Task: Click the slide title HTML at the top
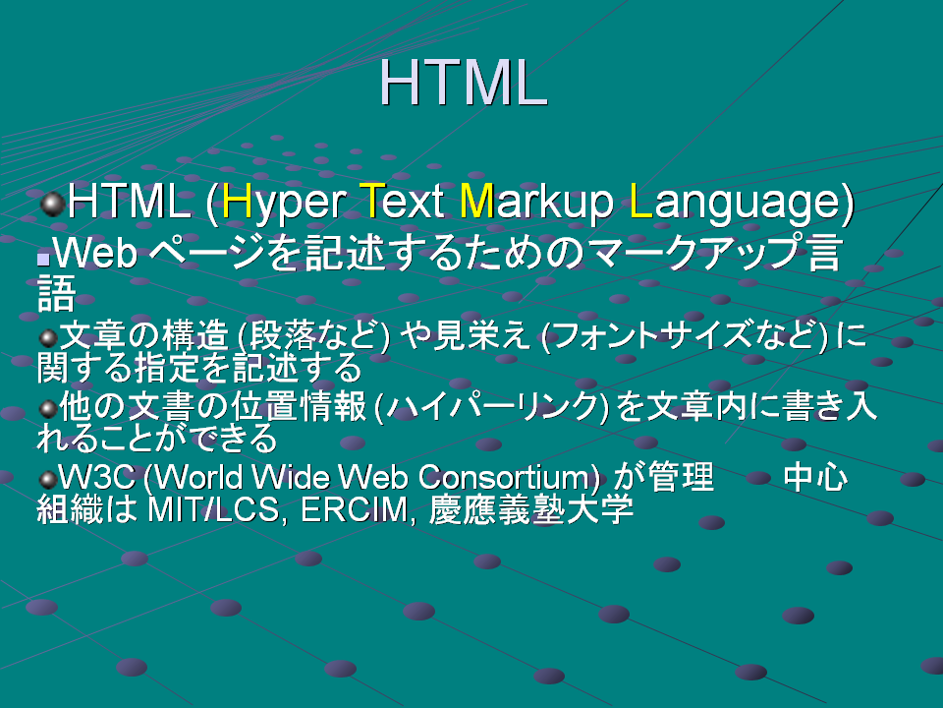point(463,83)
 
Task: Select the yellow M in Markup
point(476,201)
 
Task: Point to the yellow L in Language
point(640,201)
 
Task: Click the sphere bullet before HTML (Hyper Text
point(52,205)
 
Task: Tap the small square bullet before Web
point(42,260)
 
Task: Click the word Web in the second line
point(96,253)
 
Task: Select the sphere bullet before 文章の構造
point(48,338)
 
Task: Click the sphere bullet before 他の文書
point(48,409)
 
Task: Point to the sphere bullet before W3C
point(48,480)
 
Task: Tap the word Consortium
point(503,478)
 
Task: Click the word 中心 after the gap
point(815,478)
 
